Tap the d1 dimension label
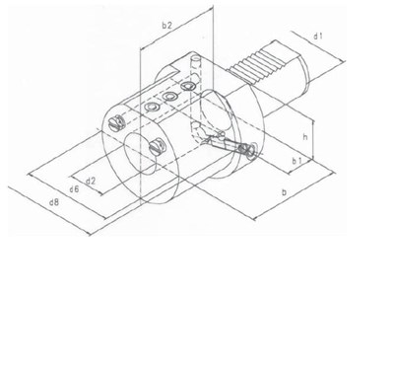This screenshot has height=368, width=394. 318,37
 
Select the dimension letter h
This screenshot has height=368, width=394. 307,133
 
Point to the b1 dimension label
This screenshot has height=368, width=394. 296,161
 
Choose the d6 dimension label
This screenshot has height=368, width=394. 74,188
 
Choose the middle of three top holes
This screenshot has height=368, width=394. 167,97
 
